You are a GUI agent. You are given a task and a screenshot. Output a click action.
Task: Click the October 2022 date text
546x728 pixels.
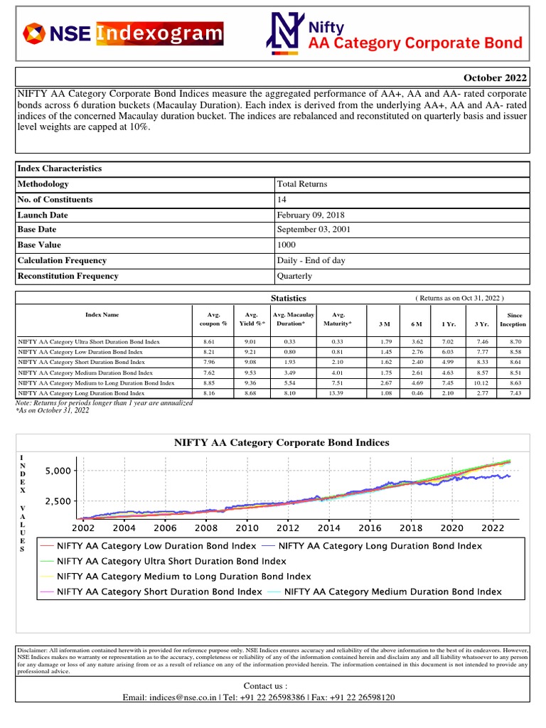point(495,77)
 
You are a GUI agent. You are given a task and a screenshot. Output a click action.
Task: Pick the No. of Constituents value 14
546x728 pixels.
point(282,200)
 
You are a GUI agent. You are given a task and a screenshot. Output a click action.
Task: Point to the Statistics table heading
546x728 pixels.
point(289,298)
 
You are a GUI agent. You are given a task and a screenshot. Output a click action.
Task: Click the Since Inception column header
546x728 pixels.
point(513,318)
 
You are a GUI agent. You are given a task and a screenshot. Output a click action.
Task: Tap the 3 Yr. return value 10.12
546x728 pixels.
point(481,382)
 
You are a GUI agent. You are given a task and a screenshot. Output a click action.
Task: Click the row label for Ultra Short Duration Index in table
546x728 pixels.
point(89,342)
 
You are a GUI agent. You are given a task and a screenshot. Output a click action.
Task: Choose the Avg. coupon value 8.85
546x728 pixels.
point(208,382)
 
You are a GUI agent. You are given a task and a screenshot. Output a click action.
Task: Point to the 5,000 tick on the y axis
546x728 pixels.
point(58,471)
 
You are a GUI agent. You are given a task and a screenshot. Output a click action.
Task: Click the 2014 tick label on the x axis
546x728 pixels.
point(328,528)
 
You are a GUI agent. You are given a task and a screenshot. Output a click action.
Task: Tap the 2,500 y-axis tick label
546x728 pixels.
point(58,501)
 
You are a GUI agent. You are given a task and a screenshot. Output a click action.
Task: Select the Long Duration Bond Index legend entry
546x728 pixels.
point(380,546)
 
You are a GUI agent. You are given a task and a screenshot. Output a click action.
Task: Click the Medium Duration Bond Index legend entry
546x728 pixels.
point(392,591)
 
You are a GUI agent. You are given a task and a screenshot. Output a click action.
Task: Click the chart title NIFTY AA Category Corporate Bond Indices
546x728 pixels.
point(282,442)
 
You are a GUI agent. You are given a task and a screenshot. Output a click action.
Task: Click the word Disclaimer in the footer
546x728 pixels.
point(33,651)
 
